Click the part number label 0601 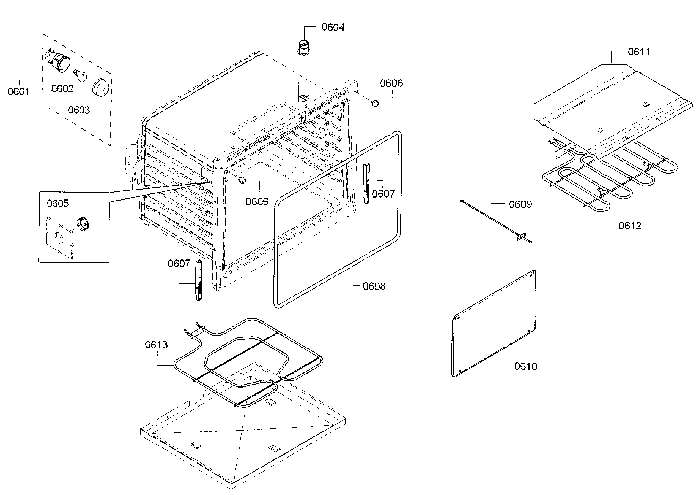tap(18, 92)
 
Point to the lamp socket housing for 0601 tap(58, 61)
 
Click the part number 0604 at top tap(333, 28)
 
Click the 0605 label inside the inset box tap(58, 203)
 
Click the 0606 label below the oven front tap(257, 201)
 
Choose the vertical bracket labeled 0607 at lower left tap(199, 280)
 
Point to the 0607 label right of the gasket tap(383, 194)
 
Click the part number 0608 tap(374, 286)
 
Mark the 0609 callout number tap(520, 204)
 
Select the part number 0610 tap(525, 366)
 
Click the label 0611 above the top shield tap(639, 52)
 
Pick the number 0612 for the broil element tap(630, 226)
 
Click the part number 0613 tap(156, 345)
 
